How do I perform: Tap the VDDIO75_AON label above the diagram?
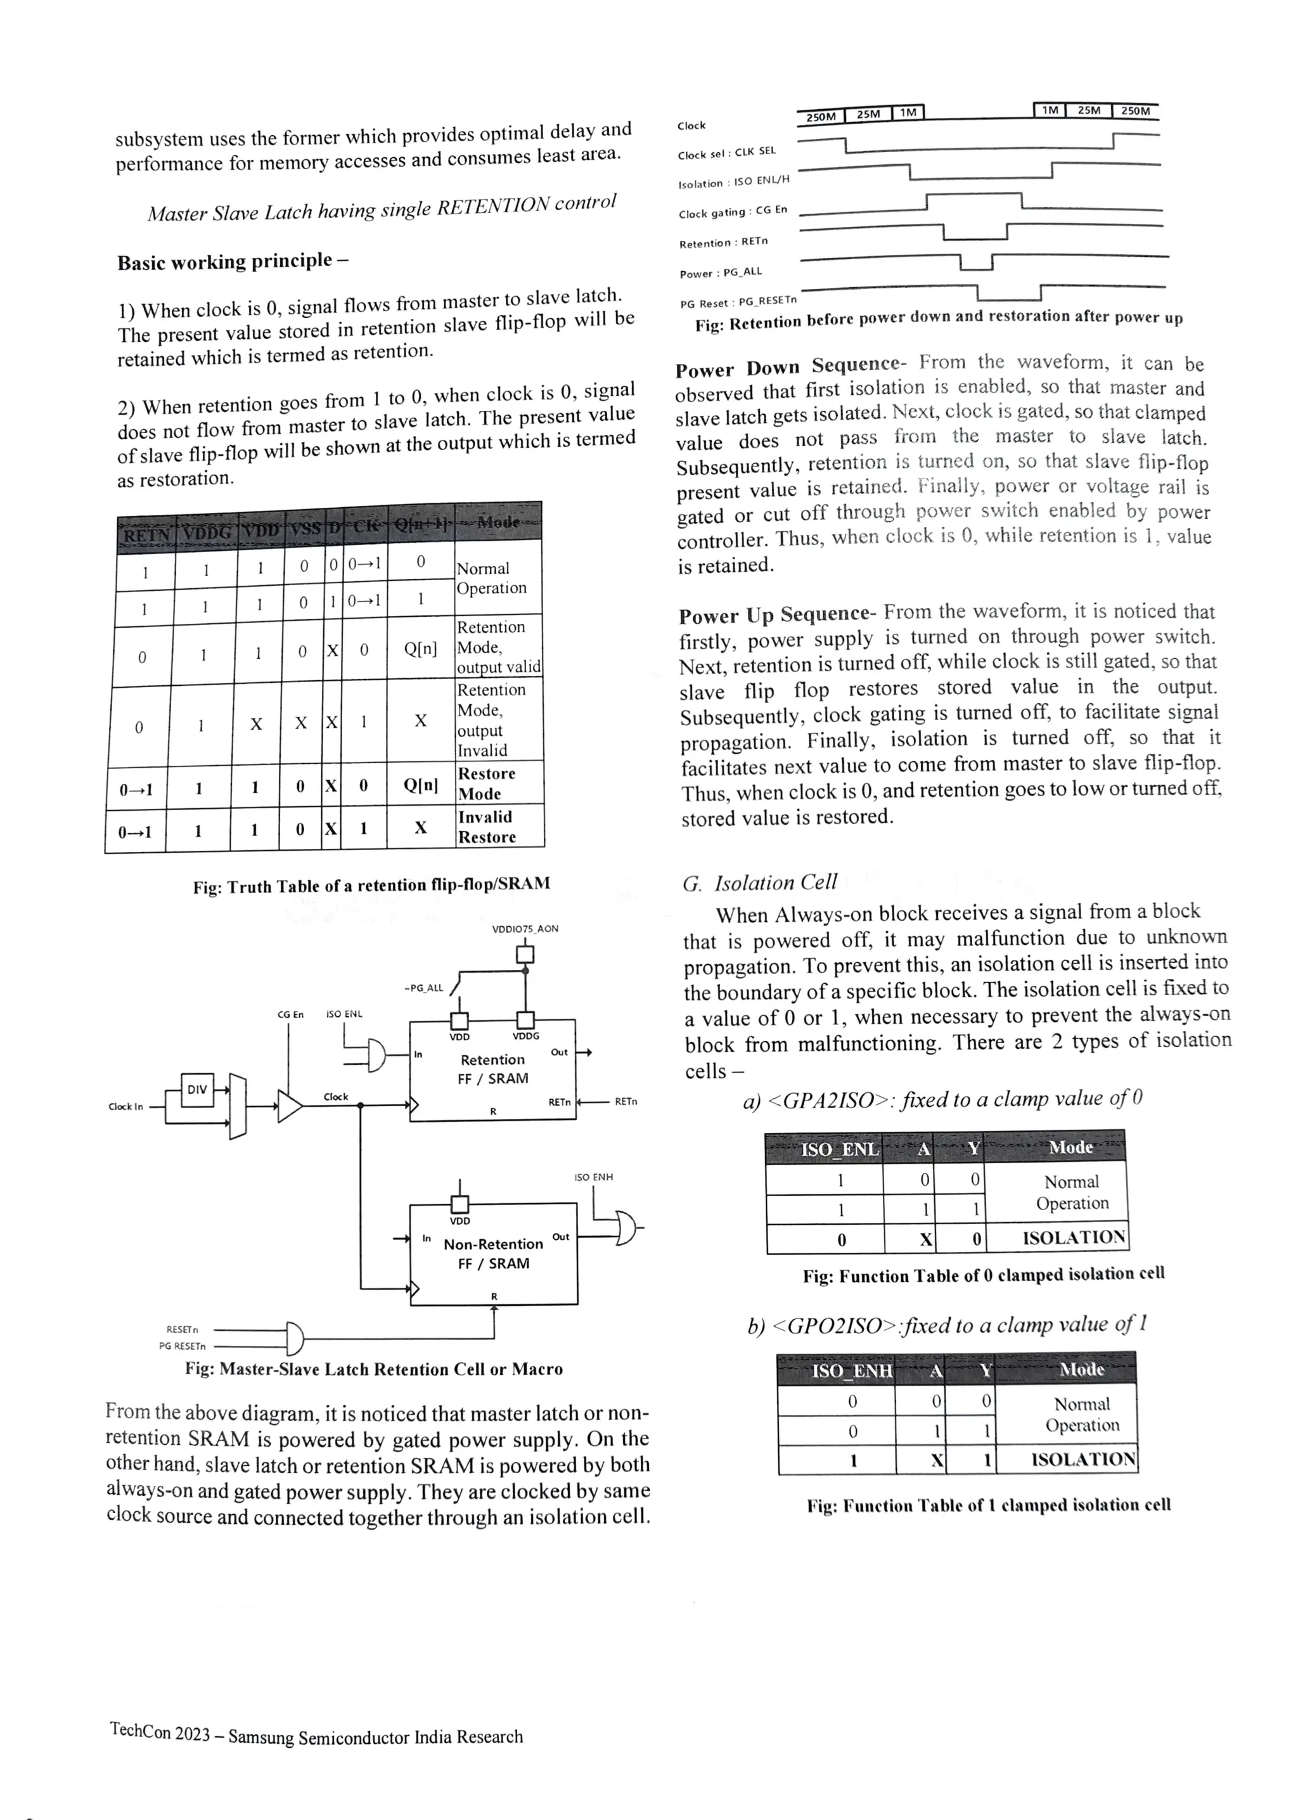(x=525, y=929)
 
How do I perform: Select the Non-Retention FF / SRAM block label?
(x=493, y=1253)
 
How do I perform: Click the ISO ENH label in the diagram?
(x=593, y=1177)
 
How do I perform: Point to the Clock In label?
(x=125, y=1106)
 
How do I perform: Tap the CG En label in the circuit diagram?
(x=290, y=1014)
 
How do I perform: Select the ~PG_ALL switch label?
(x=423, y=988)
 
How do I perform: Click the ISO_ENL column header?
(x=839, y=1149)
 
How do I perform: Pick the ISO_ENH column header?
(x=851, y=1371)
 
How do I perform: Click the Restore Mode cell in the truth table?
(x=486, y=784)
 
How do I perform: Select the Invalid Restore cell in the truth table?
(x=486, y=827)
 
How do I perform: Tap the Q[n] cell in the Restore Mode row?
(x=420, y=785)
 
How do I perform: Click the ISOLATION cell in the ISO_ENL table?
(x=1074, y=1238)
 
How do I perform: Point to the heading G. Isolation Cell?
(x=759, y=882)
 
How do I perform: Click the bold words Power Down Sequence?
(x=787, y=368)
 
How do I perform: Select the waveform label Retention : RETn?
(x=723, y=242)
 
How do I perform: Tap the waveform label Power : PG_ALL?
(x=720, y=273)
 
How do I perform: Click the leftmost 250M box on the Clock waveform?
(x=820, y=117)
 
